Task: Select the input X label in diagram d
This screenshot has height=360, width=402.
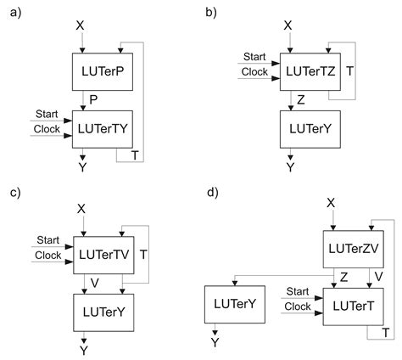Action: (332, 202)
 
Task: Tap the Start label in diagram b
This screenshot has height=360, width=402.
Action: (254, 57)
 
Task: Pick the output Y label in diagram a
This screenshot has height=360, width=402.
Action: (83, 171)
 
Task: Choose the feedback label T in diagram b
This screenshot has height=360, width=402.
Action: (350, 71)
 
